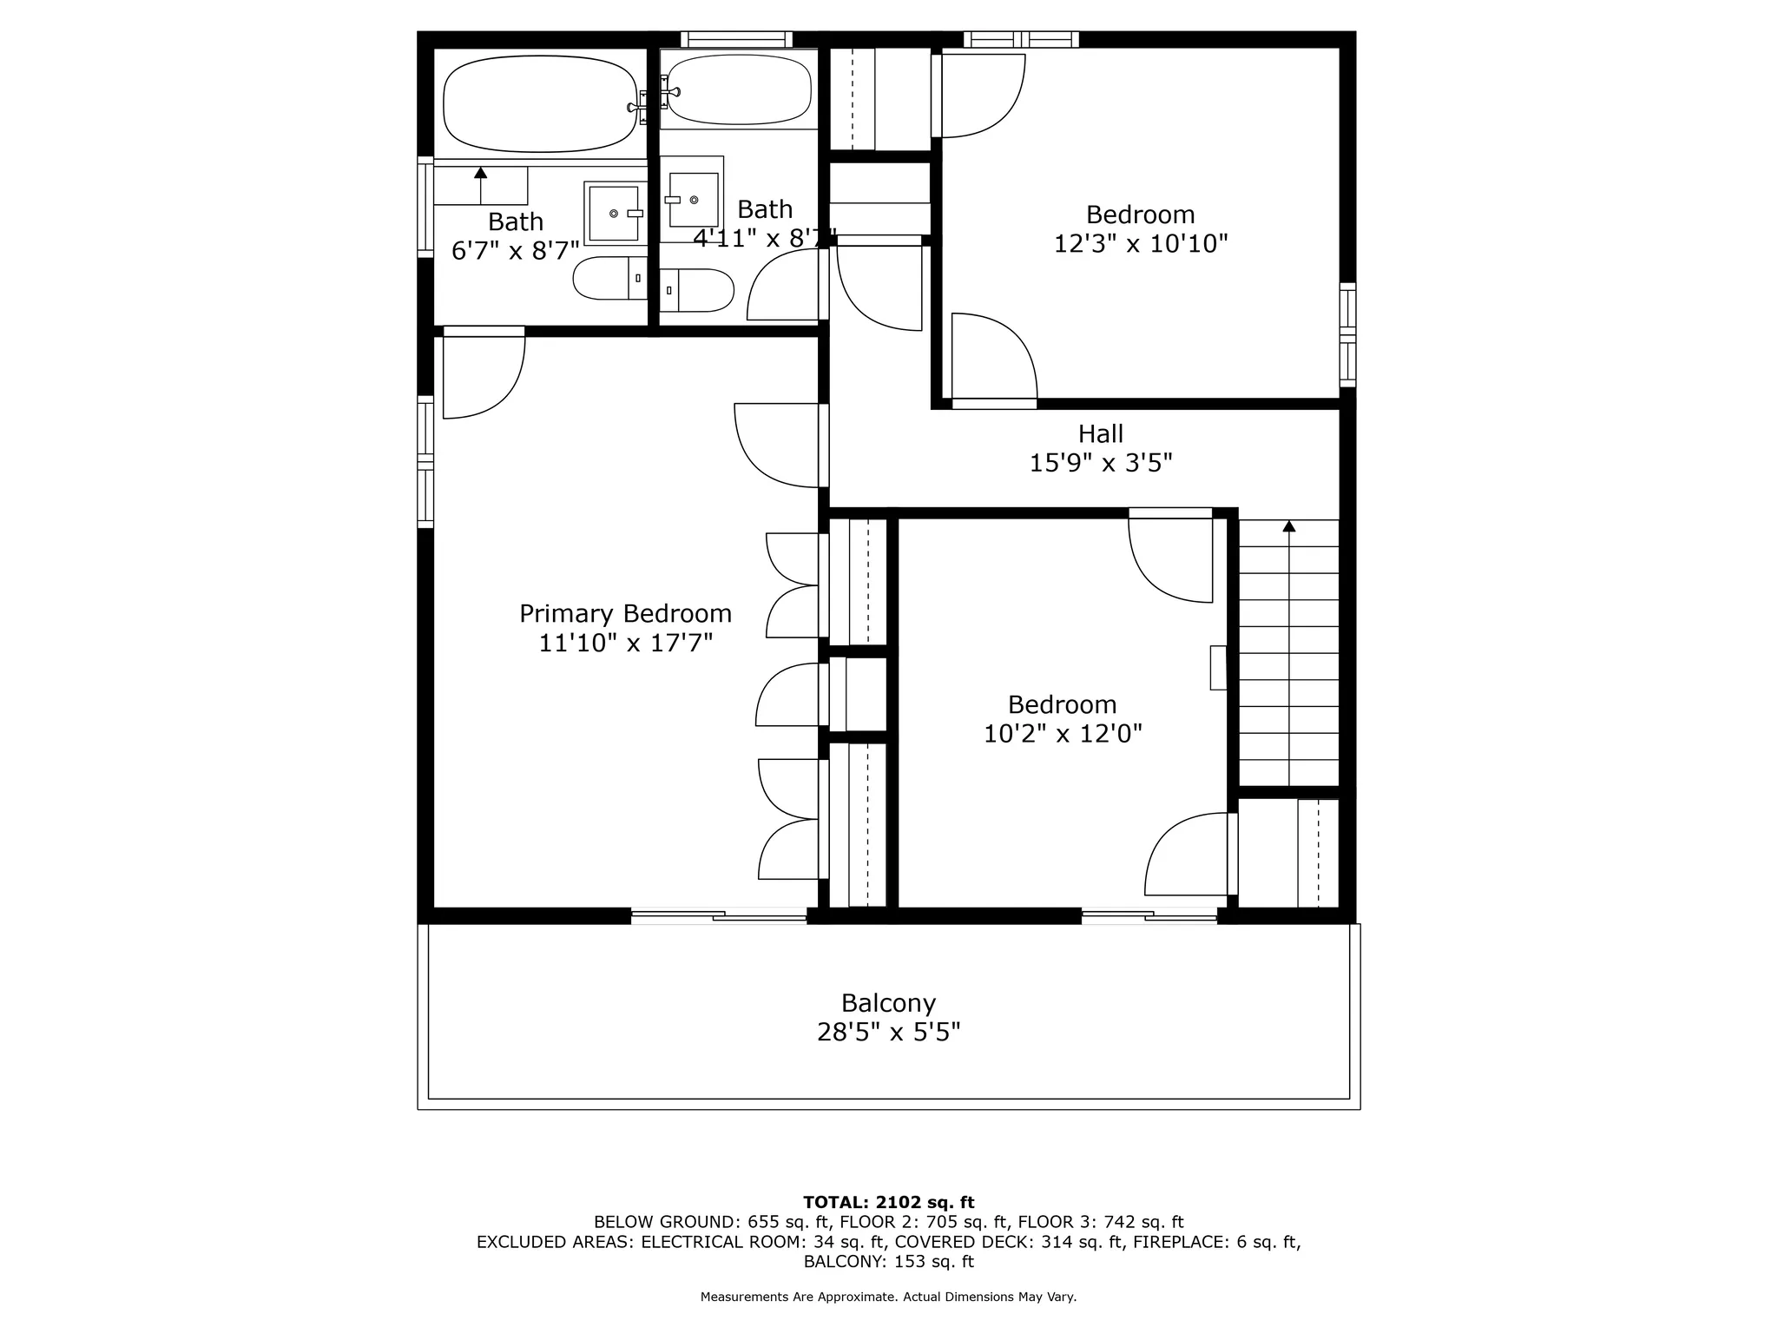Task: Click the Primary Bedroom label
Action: [x=625, y=614]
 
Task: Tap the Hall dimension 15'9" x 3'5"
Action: [x=1100, y=463]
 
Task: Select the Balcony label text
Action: [x=888, y=1003]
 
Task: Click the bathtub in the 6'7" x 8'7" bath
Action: [x=540, y=104]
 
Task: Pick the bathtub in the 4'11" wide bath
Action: [x=739, y=89]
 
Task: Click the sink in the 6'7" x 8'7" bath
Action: [x=614, y=213]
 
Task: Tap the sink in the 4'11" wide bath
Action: [x=694, y=200]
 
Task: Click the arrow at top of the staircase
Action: [x=1289, y=526]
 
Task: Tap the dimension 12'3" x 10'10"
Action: [x=1140, y=243]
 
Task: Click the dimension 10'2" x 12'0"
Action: [x=1062, y=734]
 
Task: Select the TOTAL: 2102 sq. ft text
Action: [x=888, y=1202]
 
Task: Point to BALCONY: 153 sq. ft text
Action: [x=888, y=1262]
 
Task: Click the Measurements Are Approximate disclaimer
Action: [x=888, y=1297]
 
